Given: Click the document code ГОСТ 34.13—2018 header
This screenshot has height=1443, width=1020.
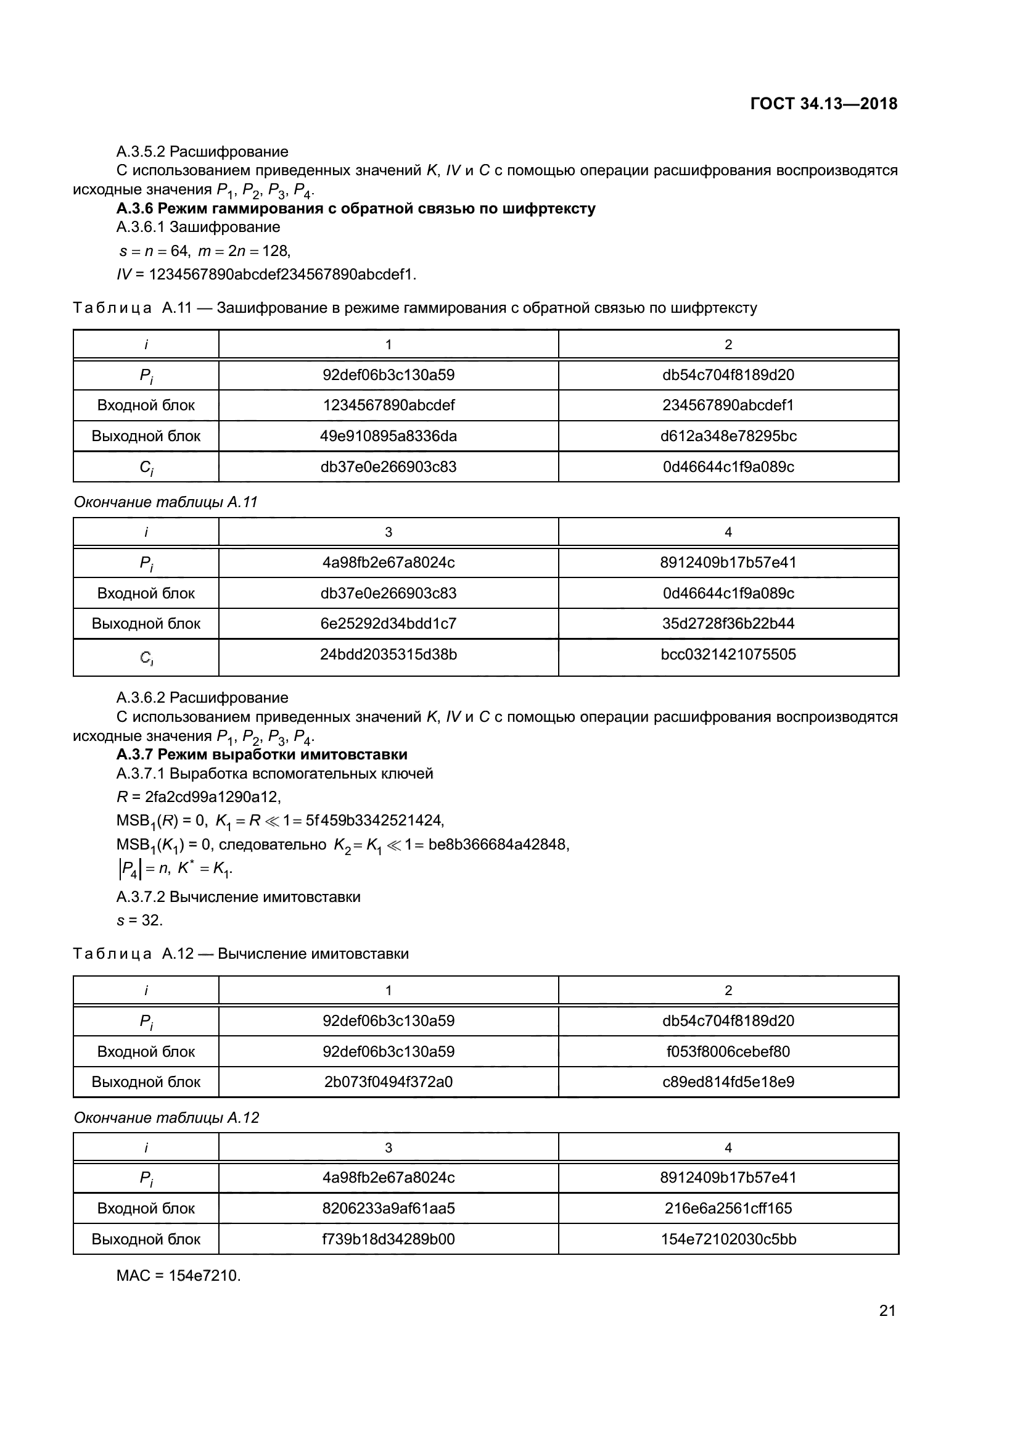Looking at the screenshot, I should (823, 104).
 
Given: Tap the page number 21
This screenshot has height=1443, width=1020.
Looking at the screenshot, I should (887, 1310).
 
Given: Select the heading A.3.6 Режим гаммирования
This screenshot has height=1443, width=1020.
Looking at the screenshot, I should (355, 209).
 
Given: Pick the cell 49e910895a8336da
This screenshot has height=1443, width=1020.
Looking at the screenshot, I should (388, 436).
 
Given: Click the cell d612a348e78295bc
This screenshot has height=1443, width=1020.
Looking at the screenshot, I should (728, 436).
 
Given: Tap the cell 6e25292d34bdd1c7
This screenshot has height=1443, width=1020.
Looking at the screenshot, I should (388, 624).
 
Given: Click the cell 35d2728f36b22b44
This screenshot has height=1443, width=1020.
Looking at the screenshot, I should (728, 624).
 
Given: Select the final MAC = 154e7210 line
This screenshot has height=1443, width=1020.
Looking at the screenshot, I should (178, 1276).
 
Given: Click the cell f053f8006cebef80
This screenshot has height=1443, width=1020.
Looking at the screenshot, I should (728, 1052).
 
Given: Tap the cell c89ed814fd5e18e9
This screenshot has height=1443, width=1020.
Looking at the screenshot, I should (728, 1082).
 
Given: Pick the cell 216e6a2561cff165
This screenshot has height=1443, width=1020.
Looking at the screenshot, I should (728, 1209).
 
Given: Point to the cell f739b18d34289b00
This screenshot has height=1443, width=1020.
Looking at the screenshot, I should (388, 1239).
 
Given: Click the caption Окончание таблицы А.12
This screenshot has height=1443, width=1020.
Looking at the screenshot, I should (167, 1118).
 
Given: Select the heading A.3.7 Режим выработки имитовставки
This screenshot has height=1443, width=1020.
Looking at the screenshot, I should (261, 754).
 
